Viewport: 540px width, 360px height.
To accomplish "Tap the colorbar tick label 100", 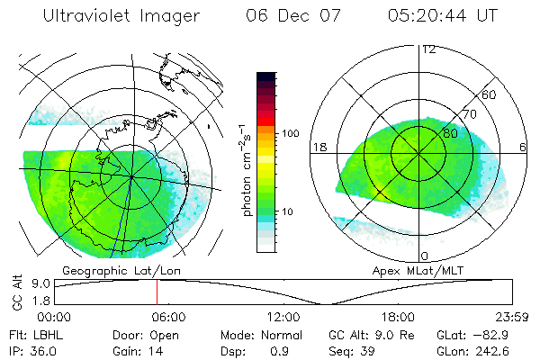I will (x=289, y=133).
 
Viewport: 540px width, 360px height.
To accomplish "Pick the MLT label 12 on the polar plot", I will (x=428, y=49).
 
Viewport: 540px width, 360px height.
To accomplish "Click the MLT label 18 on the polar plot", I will (x=319, y=147).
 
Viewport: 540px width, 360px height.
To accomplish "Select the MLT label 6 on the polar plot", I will (x=524, y=147).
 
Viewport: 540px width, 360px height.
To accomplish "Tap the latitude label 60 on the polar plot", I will (x=490, y=95).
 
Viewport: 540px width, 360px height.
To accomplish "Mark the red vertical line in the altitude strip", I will (x=157, y=292).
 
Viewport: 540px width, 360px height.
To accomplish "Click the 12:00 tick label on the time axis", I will (x=283, y=316).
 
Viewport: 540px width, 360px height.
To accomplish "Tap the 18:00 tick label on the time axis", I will (x=398, y=316).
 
